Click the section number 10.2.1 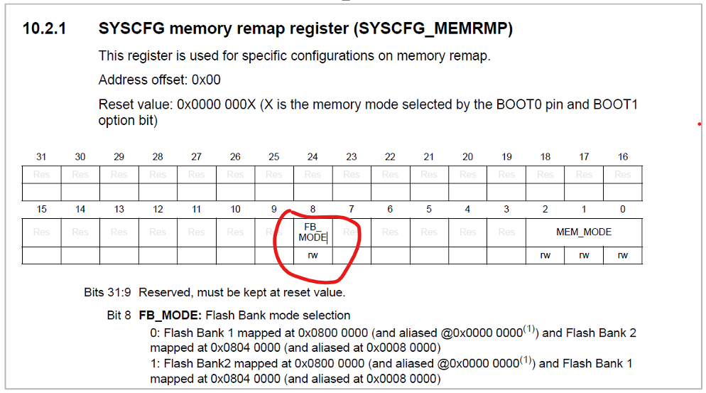click(x=44, y=29)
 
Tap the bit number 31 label click(x=41, y=156)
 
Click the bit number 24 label click(x=313, y=156)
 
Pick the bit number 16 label click(x=623, y=156)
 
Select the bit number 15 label click(x=41, y=209)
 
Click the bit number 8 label click(x=313, y=209)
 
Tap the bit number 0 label click(x=623, y=209)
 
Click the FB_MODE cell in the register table click(x=313, y=232)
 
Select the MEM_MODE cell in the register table click(x=584, y=232)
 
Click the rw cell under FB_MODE click(x=313, y=255)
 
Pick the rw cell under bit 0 click(x=623, y=255)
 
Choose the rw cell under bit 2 click(x=545, y=255)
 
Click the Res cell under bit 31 click(x=41, y=174)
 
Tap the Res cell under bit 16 click(x=623, y=174)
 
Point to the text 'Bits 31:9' click(x=108, y=292)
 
